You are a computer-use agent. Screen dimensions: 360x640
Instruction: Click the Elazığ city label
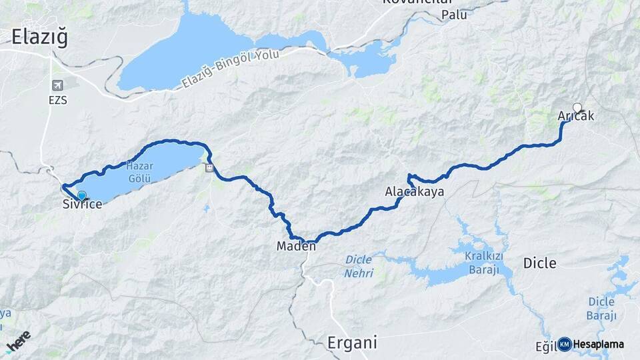pyautogui.click(x=40, y=38)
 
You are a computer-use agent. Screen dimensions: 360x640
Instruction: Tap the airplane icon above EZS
pyautogui.click(x=58, y=85)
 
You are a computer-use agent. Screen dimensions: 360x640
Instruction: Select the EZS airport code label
pyautogui.click(x=58, y=101)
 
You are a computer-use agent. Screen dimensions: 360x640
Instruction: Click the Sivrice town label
pyautogui.click(x=82, y=205)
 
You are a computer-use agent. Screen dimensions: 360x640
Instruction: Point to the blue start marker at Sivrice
pyautogui.click(x=81, y=195)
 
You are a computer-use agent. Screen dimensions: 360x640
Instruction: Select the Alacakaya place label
pyautogui.click(x=414, y=192)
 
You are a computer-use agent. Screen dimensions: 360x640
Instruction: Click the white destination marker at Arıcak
pyautogui.click(x=577, y=107)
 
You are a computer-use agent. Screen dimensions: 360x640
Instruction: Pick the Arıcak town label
pyautogui.click(x=575, y=117)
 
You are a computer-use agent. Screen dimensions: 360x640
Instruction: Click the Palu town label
pyautogui.click(x=454, y=14)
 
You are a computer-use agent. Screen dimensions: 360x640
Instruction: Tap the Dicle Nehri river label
pyautogui.click(x=359, y=267)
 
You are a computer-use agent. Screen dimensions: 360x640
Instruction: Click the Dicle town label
pyautogui.click(x=539, y=263)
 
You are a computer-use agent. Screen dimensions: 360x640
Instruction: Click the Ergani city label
pyautogui.click(x=352, y=343)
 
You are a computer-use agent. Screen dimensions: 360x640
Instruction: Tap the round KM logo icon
pyautogui.click(x=564, y=344)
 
